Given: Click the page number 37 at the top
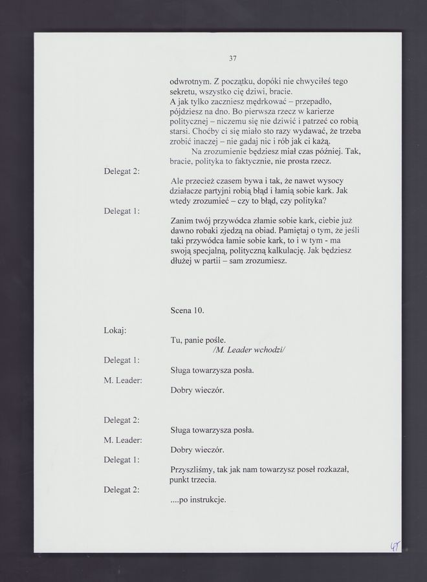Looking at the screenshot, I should click(x=233, y=58).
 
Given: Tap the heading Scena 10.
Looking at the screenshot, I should click(x=187, y=310).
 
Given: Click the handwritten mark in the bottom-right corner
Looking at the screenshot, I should click(x=393, y=547).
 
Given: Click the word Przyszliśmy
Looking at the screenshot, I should click(x=193, y=470).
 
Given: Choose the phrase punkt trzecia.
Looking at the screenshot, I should click(x=193, y=480).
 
